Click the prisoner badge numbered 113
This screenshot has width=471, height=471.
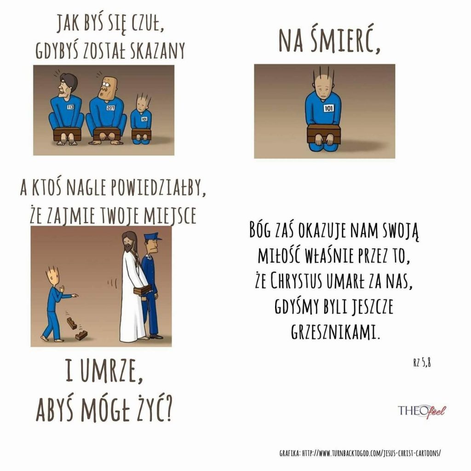pyautogui.click(x=70, y=107)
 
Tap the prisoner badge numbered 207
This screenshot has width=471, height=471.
pyautogui.click(x=111, y=108)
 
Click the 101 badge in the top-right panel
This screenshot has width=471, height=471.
pyautogui.click(x=328, y=108)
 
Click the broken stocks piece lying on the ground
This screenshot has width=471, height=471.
pyautogui.click(x=81, y=335)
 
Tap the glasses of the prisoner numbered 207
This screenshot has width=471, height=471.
pyautogui.click(x=105, y=85)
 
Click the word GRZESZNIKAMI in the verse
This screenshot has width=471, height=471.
pyautogui.click(x=335, y=331)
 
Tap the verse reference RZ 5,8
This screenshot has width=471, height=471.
pyautogui.click(x=422, y=363)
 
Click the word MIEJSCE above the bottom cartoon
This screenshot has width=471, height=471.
pyautogui.click(x=170, y=216)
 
